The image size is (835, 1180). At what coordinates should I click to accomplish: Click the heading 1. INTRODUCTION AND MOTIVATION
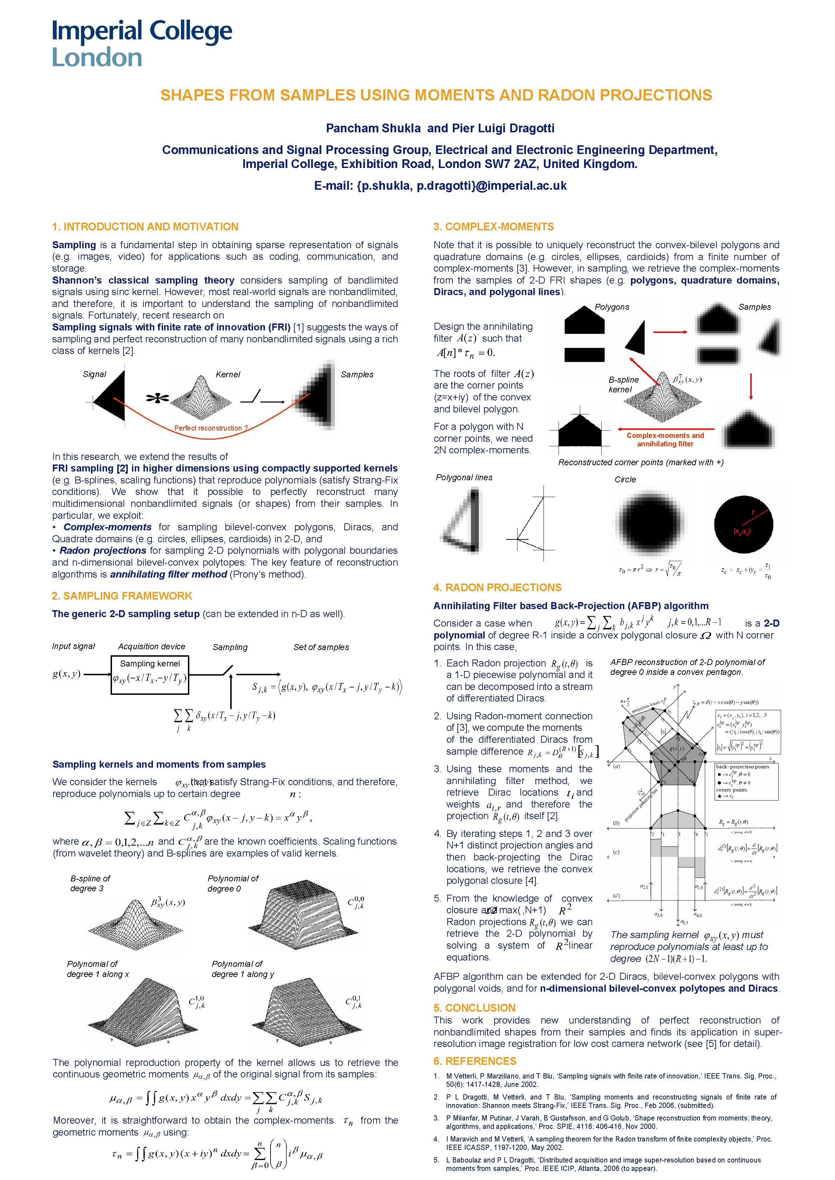click(x=145, y=227)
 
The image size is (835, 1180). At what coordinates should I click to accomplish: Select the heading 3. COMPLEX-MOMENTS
click(x=493, y=227)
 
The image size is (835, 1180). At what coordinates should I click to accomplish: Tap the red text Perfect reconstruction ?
click(x=211, y=428)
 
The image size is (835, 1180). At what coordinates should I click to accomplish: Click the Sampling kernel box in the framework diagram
click(x=150, y=674)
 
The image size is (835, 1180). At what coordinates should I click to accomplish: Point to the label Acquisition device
click(x=151, y=646)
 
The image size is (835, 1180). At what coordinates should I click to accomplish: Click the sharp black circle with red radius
click(x=743, y=524)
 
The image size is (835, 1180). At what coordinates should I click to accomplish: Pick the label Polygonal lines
click(x=464, y=477)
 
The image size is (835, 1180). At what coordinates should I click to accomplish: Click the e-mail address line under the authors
click(x=440, y=186)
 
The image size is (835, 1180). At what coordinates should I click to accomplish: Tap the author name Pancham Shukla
click(x=373, y=128)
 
